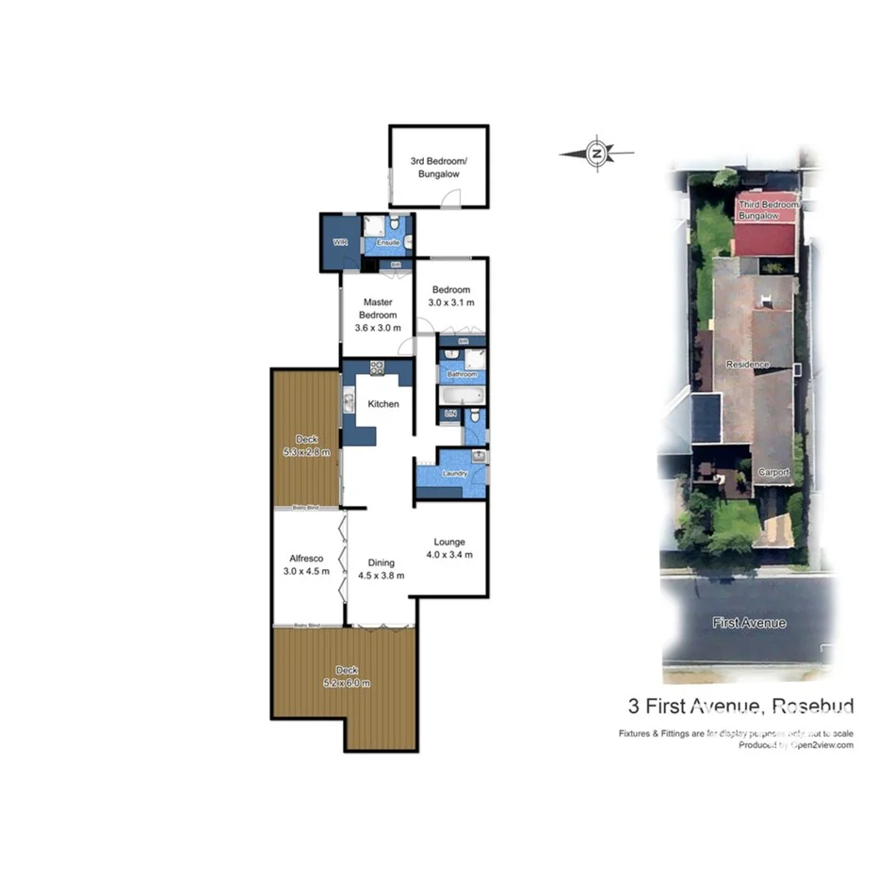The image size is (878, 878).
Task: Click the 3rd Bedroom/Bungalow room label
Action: [x=438, y=168]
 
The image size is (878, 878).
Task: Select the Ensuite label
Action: [x=388, y=243]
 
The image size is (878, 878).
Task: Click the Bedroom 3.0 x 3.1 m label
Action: [x=450, y=296]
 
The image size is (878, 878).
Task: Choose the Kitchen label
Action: [x=383, y=404]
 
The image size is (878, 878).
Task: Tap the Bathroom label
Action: [x=462, y=374]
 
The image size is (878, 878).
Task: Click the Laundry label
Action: [x=455, y=474]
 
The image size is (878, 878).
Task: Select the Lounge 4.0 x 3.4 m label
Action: [x=449, y=548]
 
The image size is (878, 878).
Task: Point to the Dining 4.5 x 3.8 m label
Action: [x=382, y=569]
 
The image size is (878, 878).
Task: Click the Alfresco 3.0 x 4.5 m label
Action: [x=305, y=564]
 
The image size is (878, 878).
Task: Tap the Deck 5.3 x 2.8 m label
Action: [x=306, y=446]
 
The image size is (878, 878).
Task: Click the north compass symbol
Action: [x=596, y=153]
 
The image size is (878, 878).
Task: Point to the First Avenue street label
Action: [x=749, y=623]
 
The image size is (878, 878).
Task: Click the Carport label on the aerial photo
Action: [x=772, y=472]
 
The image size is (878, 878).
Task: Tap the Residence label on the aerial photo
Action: [x=747, y=365]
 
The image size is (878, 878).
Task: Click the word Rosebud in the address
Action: [x=812, y=706]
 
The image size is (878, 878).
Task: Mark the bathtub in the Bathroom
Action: [x=460, y=396]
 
